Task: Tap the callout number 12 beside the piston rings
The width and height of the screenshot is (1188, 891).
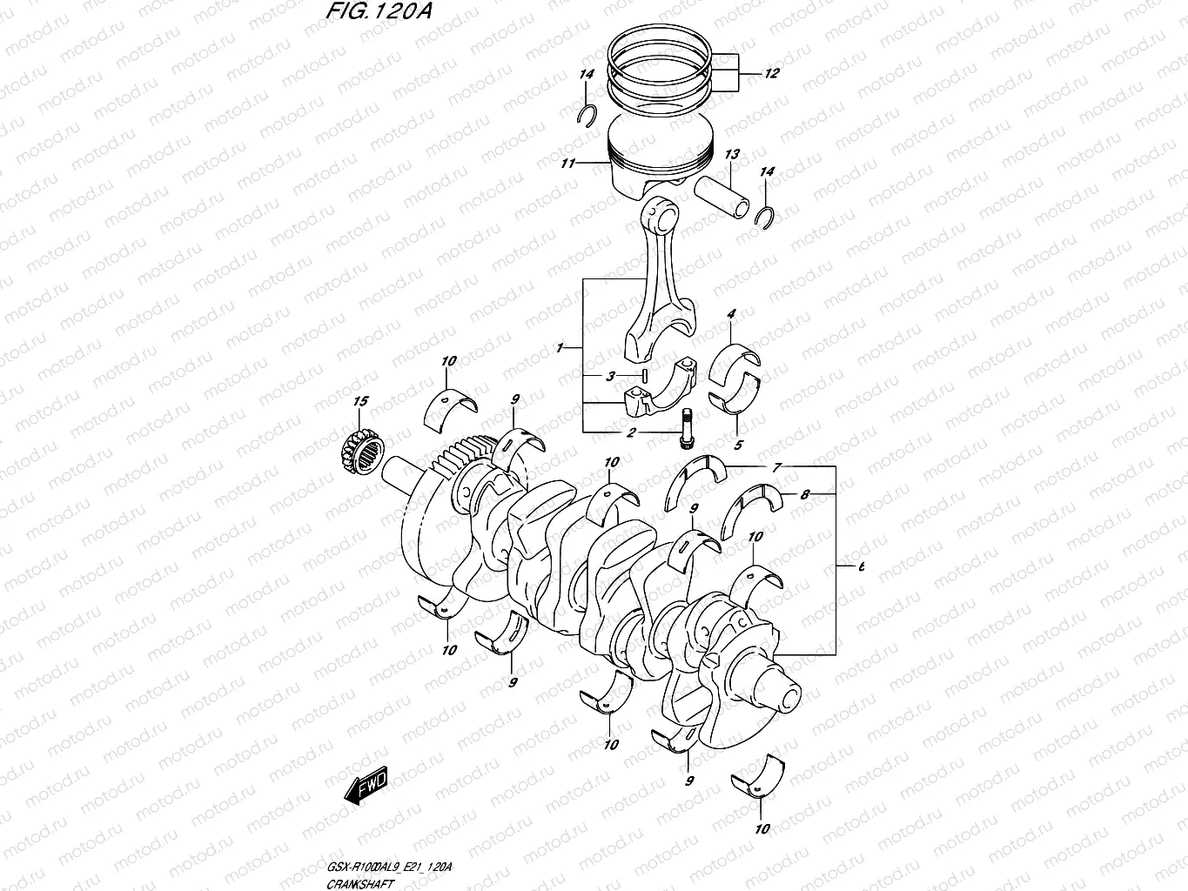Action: click(771, 74)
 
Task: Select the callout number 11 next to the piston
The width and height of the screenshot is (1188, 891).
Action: click(568, 163)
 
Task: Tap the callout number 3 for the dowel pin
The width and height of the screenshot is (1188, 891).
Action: click(611, 376)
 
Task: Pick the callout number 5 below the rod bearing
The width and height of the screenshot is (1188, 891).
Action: click(738, 445)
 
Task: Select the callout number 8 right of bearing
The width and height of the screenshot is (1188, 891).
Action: click(805, 494)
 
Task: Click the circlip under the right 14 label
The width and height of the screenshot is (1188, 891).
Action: click(765, 218)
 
